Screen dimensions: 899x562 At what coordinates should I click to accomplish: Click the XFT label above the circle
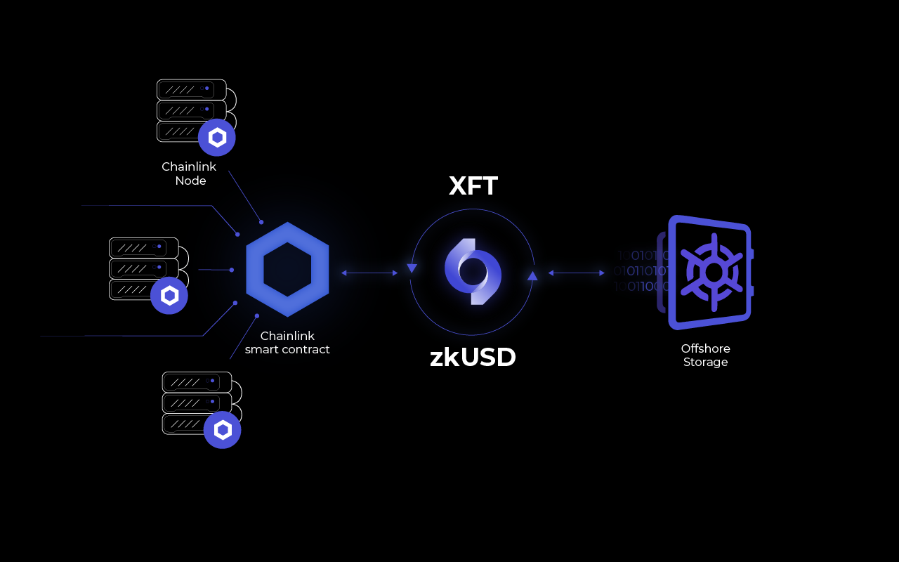[x=473, y=186]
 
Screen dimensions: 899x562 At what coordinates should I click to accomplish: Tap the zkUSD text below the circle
[x=473, y=358]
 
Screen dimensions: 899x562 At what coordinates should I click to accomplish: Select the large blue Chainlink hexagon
[x=287, y=269]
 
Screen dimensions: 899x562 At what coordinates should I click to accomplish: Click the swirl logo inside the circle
[x=473, y=271]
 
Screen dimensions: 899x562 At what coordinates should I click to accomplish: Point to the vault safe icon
[x=709, y=273]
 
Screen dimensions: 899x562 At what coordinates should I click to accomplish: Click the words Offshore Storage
[x=705, y=355]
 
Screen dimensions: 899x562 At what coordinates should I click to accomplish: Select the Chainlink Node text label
[x=190, y=174]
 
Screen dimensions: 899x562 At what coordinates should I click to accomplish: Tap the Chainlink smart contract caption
[x=287, y=343]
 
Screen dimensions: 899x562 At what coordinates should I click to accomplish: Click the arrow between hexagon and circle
[x=369, y=273]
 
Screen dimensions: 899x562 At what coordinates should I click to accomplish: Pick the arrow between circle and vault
[x=576, y=273]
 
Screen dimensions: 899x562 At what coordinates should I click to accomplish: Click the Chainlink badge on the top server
[x=216, y=138]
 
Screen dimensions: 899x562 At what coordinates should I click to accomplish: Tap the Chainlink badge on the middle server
[x=169, y=296]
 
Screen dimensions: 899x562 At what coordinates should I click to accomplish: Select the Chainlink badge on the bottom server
[x=223, y=430]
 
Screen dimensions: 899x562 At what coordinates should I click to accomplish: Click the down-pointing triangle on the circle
[x=412, y=268]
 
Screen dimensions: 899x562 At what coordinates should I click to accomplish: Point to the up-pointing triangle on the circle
[x=532, y=275]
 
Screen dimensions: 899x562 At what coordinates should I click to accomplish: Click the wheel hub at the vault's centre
[x=714, y=273]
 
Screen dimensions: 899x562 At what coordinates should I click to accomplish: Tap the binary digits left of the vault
[x=641, y=271]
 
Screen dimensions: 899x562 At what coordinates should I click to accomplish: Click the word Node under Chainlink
[x=190, y=181]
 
